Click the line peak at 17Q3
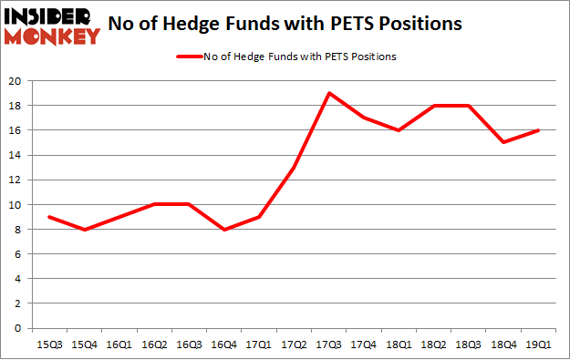[328, 93]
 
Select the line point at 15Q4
[85, 230]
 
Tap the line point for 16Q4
[223, 230]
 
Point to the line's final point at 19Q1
[536, 130]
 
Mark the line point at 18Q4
[502, 142]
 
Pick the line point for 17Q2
[294, 168]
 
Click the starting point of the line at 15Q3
[50, 217]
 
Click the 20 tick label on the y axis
[17, 81]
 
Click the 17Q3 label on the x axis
[328, 345]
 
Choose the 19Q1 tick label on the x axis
[536, 345]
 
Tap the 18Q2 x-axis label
[432, 345]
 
